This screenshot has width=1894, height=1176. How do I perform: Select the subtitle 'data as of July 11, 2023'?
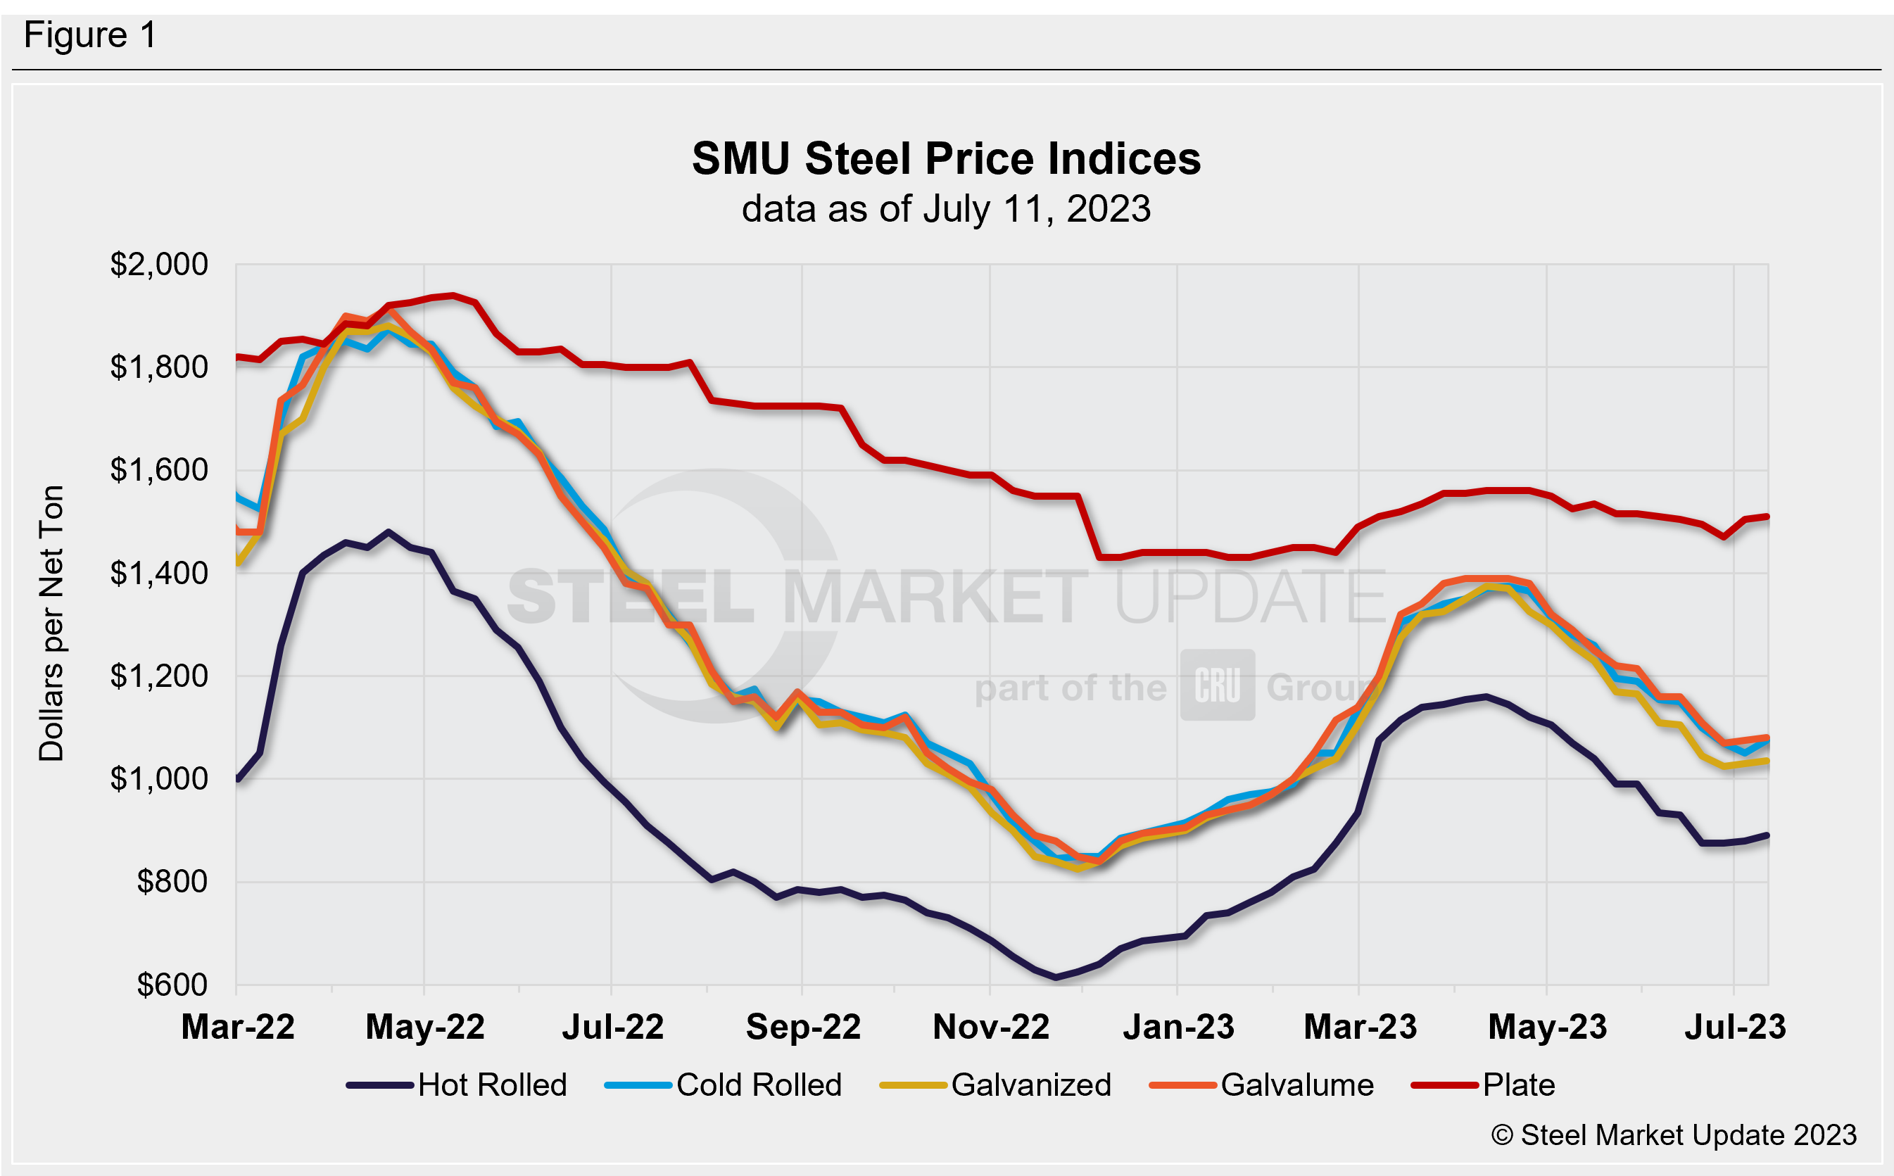click(x=946, y=209)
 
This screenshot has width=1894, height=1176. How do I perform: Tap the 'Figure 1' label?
click(x=90, y=36)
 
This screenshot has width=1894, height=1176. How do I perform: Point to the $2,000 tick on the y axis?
click(x=158, y=265)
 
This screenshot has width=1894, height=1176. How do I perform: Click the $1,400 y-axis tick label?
click(x=158, y=574)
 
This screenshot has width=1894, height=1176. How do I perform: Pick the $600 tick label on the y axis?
click(x=172, y=985)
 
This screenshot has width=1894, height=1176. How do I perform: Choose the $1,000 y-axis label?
click(x=158, y=778)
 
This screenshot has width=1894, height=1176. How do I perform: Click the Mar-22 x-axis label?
click(x=238, y=1027)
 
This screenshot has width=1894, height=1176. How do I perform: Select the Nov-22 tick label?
click(x=991, y=1027)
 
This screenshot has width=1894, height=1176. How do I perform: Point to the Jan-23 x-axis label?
click(x=1178, y=1027)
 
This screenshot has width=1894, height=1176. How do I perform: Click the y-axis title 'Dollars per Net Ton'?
click(x=51, y=623)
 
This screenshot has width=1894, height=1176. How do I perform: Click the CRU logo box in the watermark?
click(x=1218, y=685)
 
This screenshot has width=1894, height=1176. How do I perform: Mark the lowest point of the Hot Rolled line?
click(x=1056, y=977)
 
